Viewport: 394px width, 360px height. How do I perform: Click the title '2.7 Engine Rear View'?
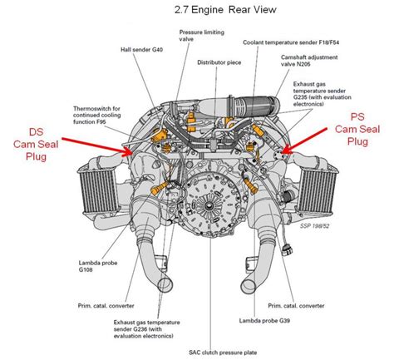[225, 10]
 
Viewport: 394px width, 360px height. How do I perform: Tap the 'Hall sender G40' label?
[141, 50]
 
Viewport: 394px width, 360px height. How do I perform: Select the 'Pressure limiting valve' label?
[202, 36]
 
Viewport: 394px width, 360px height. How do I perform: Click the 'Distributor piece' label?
[219, 62]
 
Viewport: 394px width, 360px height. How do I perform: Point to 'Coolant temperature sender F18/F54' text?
[291, 42]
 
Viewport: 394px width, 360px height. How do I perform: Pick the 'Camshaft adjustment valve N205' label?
[309, 61]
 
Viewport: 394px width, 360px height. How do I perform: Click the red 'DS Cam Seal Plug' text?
[36, 144]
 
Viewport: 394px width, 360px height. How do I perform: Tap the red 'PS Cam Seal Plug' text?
[357, 129]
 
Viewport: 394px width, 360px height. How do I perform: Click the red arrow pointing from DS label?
[97, 146]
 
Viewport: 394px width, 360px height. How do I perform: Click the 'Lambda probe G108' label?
[98, 266]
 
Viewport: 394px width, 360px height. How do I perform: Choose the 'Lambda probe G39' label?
[264, 321]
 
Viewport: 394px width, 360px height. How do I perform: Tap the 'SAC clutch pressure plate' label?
[223, 353]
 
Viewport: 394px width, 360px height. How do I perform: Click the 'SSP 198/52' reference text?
[314, 226]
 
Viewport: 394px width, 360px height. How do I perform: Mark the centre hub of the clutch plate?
[208, 205]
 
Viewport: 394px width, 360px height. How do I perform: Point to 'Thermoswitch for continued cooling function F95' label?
[97, 115]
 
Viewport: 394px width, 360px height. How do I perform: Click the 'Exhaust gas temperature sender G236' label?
[147, 329]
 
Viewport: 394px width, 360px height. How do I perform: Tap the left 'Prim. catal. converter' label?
[106, 306]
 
